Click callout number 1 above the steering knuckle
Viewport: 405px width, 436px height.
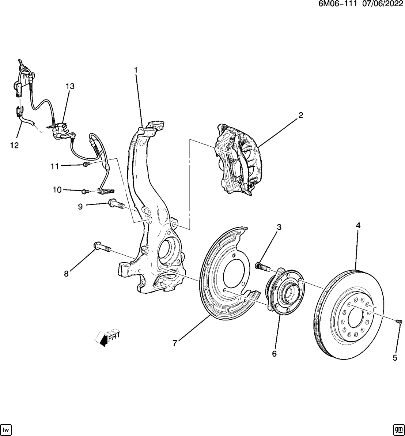coord(136,69)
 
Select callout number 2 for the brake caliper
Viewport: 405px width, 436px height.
coord(300,116)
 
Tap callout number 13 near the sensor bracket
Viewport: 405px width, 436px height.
coord(70,86)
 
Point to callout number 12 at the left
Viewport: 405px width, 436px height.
coord(14,146)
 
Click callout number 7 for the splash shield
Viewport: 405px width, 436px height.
coord(175,343)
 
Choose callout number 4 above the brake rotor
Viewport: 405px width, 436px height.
coord(358,226)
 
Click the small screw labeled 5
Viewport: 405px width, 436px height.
coord(399,322)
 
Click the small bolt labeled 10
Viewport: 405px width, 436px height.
coord(85,191)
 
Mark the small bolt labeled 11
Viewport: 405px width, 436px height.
coord(86,165)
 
